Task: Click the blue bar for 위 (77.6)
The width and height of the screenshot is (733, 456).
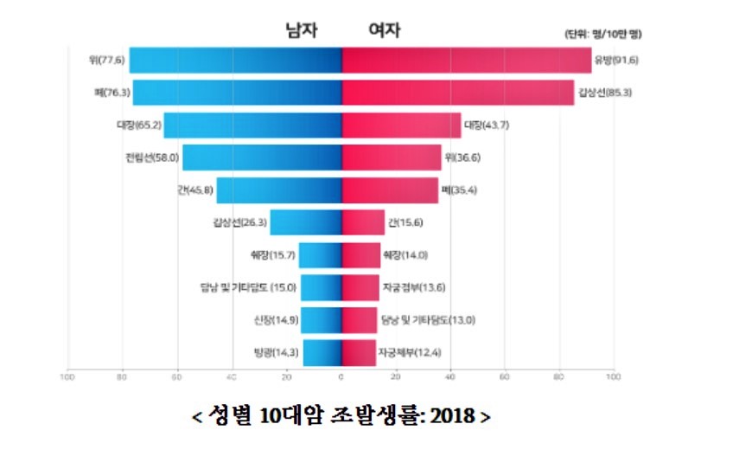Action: click(x=235, y=60)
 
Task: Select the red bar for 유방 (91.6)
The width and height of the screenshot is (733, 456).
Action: click(x=467, y=60)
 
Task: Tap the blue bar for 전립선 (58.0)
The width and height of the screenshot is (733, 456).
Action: click(x=262, y=157)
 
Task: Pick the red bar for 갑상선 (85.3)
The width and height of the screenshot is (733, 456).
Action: click(x=458, y=92)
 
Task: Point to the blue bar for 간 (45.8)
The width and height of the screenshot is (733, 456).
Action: click(x=278, y=189)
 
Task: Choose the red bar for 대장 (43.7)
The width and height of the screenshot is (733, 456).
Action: click(x=401, y=125)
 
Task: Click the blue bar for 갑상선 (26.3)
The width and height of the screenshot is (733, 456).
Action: click(x=306, y=222)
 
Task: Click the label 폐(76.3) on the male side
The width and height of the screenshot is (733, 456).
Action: click(x=112, y=93)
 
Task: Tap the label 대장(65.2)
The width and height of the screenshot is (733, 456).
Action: click(x=137, y=125)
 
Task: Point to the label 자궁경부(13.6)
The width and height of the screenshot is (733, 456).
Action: click(x=413, y=287)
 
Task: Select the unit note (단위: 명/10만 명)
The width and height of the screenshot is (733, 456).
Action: click(x=603, y=34)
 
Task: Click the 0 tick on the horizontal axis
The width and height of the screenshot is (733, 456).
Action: click(x=341, y=376)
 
